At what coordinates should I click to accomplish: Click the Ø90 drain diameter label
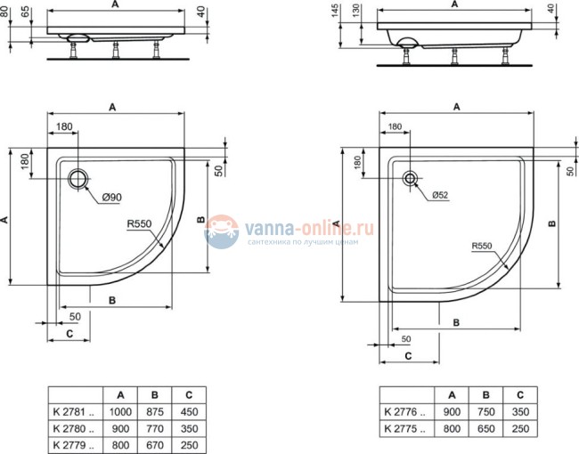pyautogui.click(x=111, y=197)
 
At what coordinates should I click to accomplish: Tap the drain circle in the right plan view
pyautogui.click(x=411, y=177)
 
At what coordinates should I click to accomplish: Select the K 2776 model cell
pyautogui.click(x=404, y=412)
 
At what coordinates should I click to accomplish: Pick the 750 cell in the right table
pyautogui.click(x=485, y=412)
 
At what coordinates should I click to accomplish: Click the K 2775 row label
pyautogui.click(x=404, y=428)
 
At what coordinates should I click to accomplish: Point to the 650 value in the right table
pyautogui.click(x=485, y=428)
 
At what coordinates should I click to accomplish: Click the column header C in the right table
pyautogui.click(x=519, y=394)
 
